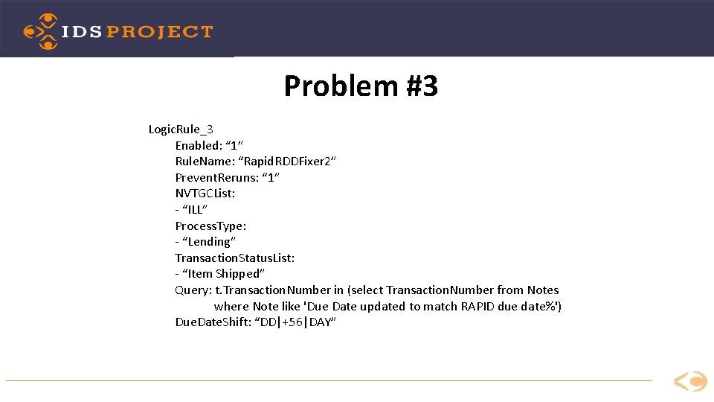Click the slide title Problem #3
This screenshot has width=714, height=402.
(x=361, y=86)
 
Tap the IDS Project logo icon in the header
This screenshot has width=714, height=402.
(x=40, y=31)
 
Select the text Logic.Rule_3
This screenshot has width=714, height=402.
(x=181, y=130)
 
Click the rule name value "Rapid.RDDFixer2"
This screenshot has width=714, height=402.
(x=293, y=162)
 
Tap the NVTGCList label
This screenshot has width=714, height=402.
(x=205, y=194)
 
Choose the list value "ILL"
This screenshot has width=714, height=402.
(x=195, y=209)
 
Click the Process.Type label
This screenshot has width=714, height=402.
(x=210, y=226)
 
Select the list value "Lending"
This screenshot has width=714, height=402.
(x=209, y=242)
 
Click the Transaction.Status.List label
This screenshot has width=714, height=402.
(x=234, y=258)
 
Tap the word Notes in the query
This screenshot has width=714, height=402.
(x=543, y=290)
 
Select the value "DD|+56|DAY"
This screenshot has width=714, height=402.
(x=295, y=322)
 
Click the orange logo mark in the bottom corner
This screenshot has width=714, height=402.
(x=690, y=382)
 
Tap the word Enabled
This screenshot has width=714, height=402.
(x=198, y=145)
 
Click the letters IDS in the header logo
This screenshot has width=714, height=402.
(x=82, y=32)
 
